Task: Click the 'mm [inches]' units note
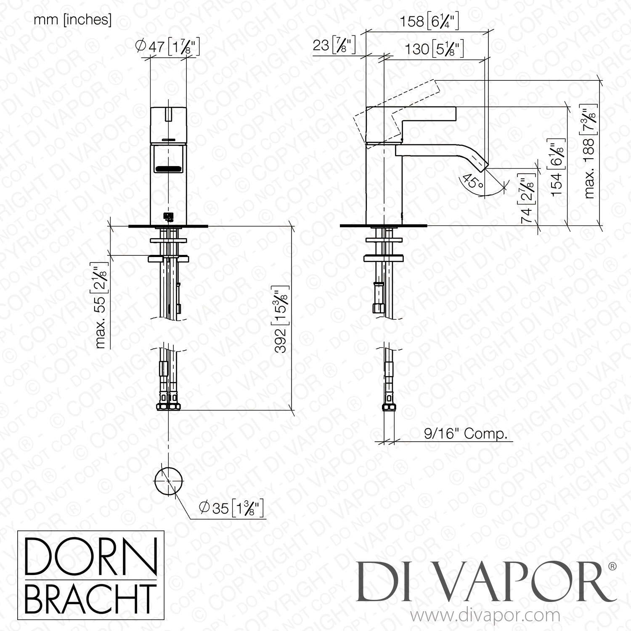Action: (72, 20)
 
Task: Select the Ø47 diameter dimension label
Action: (168, 47)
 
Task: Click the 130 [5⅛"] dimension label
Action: (434, 49)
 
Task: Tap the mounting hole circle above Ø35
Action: (169, 481)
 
